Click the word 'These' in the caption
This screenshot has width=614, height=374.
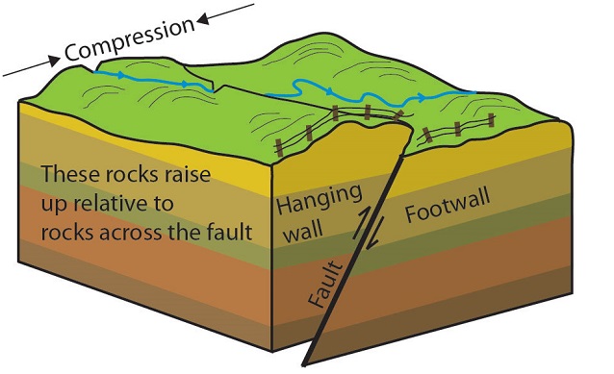(69, 177)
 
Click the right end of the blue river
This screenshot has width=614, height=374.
(474, 92)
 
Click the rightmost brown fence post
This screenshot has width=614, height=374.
(491, 122)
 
